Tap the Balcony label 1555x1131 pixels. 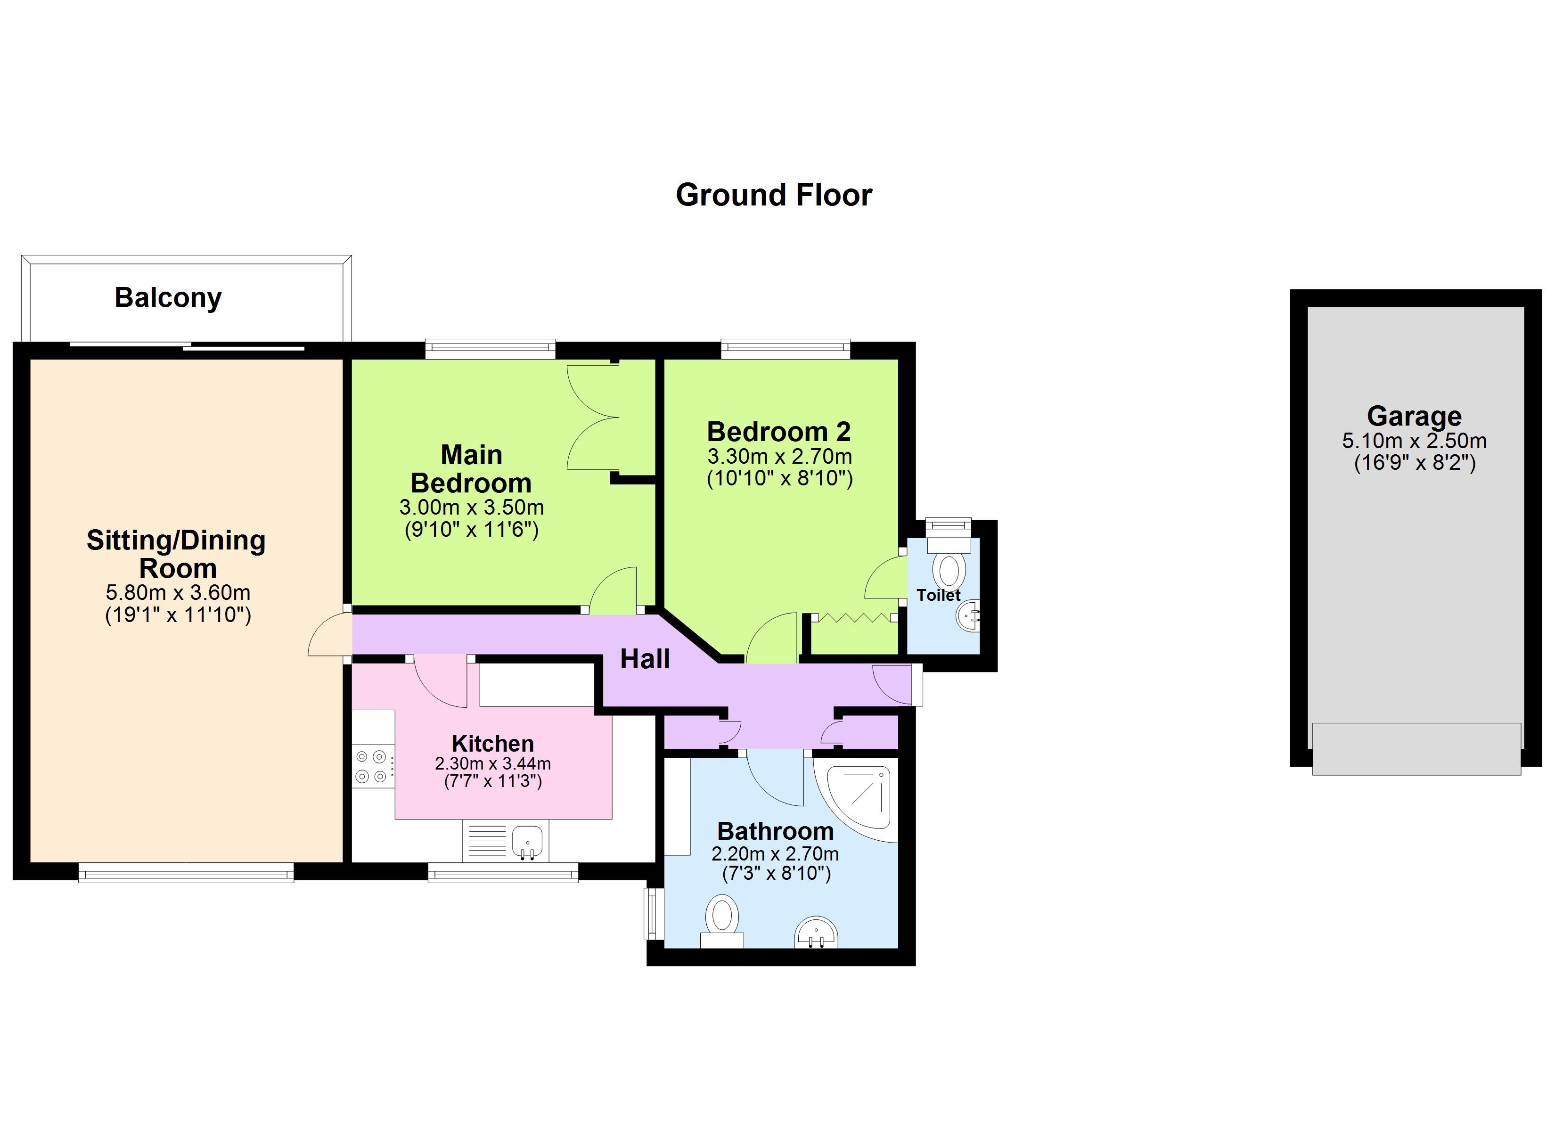(168, 298)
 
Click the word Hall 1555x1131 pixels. (645, 659)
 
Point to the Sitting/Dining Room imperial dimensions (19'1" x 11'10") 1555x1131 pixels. (178, 615)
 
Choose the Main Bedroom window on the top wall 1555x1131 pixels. (490, 349)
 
